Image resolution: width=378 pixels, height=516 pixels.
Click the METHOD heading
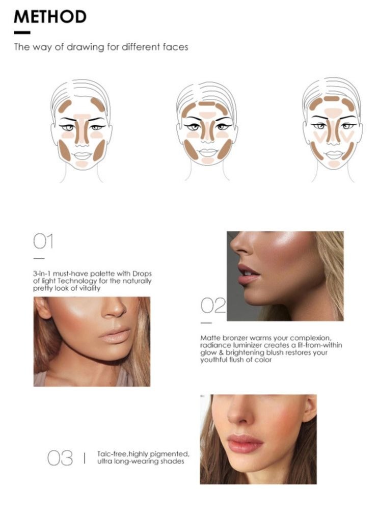[50, 17]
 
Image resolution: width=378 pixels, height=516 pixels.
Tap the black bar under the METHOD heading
[22, 33]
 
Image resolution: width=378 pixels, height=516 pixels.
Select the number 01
[43, 241]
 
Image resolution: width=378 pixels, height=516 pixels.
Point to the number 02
[213, 306]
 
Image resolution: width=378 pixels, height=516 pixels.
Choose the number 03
[60, 458]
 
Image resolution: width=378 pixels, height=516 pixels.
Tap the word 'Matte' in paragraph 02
[210, 338]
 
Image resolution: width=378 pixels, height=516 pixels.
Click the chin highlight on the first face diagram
[82, 164]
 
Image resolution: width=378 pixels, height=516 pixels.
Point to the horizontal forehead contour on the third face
[332, 99]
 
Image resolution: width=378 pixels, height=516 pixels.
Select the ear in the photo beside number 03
[309, 408]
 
